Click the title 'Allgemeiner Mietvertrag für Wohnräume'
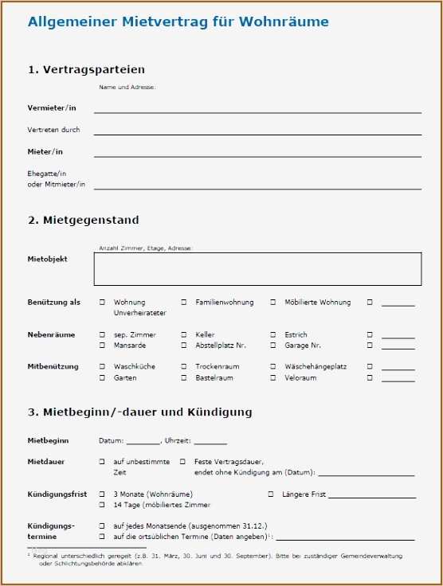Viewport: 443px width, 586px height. click(x=178, y=22)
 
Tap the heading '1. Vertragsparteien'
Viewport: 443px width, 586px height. click(x=86, y=70)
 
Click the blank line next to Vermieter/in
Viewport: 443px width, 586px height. click(x=257, y=112)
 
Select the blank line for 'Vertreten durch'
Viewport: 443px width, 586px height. click(x=257, y=134)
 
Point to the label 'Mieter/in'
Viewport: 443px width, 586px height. click(x=45, y=151)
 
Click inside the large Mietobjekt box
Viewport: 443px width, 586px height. click(x=257, y=269)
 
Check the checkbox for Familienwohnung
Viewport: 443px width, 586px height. click(x=184, y=303)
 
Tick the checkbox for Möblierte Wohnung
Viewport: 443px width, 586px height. click(x=273, y=303)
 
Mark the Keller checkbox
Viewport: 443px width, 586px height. click(x=184, y=335)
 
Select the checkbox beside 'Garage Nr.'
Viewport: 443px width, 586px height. click(x=273, y=346)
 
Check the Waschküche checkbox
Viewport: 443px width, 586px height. click(x=102, y=367)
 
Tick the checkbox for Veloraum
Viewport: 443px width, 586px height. click(x=273, y=378)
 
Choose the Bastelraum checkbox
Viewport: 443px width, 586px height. click(x=184, y=378)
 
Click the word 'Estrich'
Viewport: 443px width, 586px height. click(x=296, y=335)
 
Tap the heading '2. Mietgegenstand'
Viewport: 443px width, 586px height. click(x=84, y=220)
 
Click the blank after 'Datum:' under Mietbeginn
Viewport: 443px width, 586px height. click(x=143, y=442)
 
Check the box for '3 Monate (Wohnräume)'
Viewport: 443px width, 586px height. click(x=102, y=494)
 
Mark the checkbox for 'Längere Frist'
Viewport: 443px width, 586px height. click(x=271, y=494)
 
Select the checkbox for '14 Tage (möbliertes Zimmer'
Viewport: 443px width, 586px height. click(x=102, y=506)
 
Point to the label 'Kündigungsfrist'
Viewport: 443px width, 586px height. click(x=57, y=494)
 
